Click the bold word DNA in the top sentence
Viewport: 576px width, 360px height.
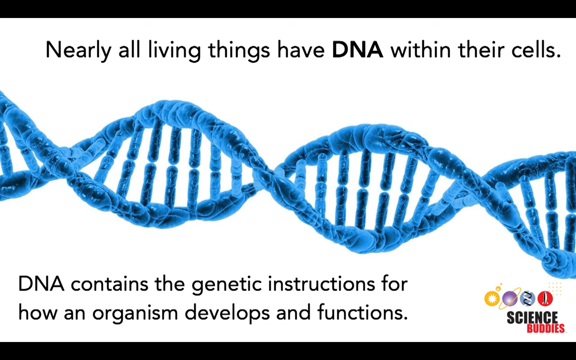pyautogui.click(x=358, y=49)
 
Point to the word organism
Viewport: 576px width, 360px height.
pyautogui.click(x=135, y=314)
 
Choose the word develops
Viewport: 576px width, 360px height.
pyautogui.click(x=227, y=314)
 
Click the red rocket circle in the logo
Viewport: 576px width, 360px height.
pyautogui.click(x=545, y=299)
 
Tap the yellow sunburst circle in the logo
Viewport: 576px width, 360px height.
pyautogui.click(x=492, y=299)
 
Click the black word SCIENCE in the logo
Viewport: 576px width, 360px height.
pyautogui.click(x=532, y=318)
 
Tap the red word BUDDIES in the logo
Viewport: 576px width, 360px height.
pyautogui.click(x=546, y=329)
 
